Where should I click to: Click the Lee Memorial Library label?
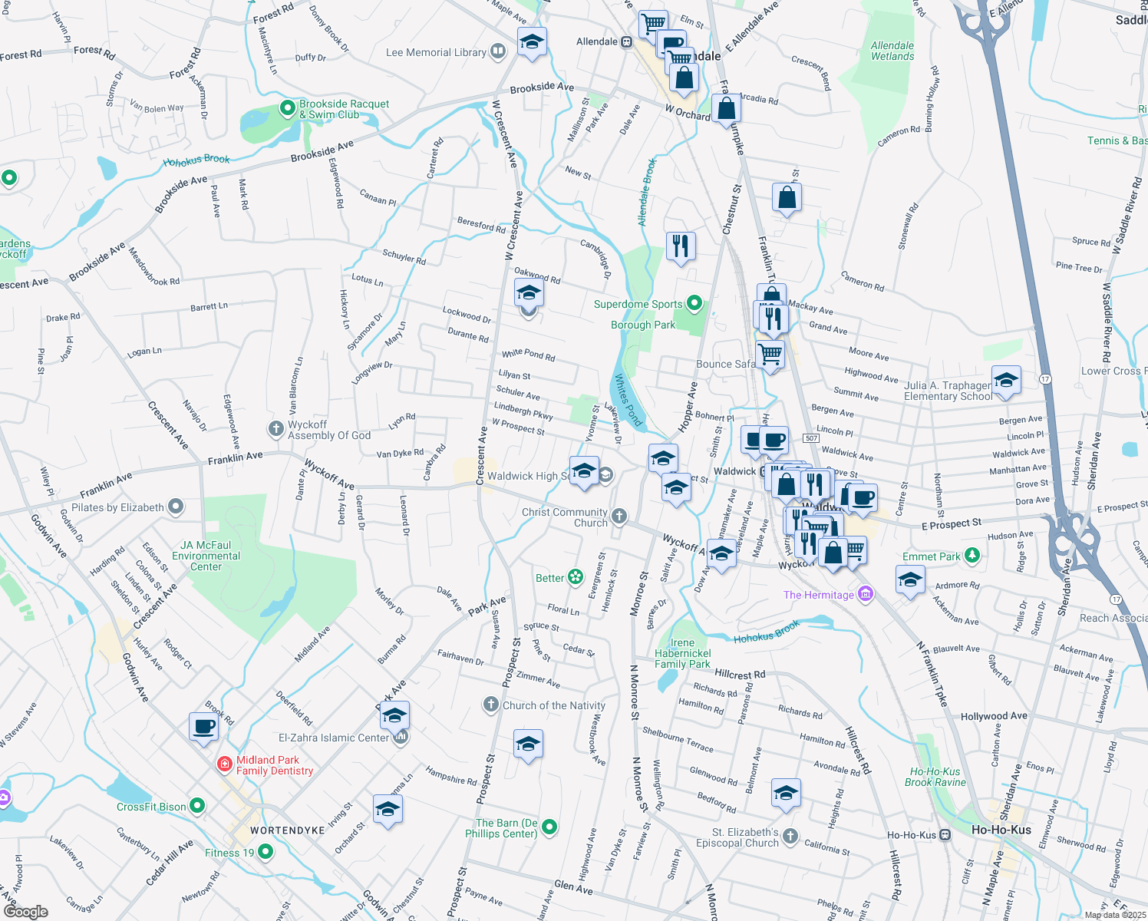click(436, 52)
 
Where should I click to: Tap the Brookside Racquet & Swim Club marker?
click(288, 108)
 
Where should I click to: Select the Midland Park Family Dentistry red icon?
click(225, 764)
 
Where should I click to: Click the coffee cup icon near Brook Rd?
click(204, 726)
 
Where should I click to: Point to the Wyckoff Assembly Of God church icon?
click(275, 428)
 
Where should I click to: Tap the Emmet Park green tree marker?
click(972, 555)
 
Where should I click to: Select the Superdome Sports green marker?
click(694, 303)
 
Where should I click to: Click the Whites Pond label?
click(628, 399)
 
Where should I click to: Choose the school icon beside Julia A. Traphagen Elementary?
click(1006, 379)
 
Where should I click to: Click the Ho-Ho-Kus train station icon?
click(945, 834)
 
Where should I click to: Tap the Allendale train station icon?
click(627, 42)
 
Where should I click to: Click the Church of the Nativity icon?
click(491, 704)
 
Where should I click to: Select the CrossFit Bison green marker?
click(197, 806)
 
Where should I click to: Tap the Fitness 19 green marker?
click(266, 851)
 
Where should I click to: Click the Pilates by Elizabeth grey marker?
click(176, 507)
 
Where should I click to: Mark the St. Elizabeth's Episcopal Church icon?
click(790, 837)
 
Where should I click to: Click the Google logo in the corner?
click(25, 911)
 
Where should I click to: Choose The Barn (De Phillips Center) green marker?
click(549, 827)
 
